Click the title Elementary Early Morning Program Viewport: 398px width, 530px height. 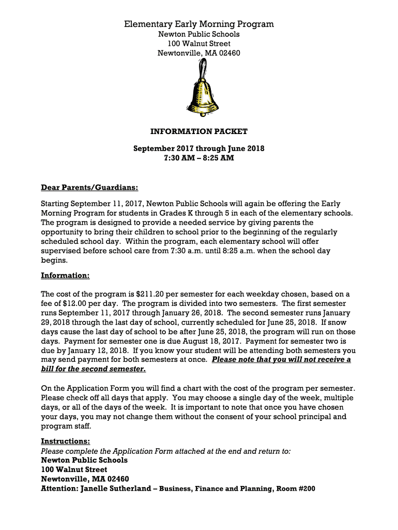tap(199, 24)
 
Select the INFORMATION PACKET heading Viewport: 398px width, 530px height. tap(199, 131)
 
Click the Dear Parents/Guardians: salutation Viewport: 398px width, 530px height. tap(89, 187)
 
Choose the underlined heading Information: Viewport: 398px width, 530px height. tap(65, 275)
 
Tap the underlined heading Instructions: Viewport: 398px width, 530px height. tap(66, 441)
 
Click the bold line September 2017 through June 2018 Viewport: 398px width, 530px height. tap(199, 149)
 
